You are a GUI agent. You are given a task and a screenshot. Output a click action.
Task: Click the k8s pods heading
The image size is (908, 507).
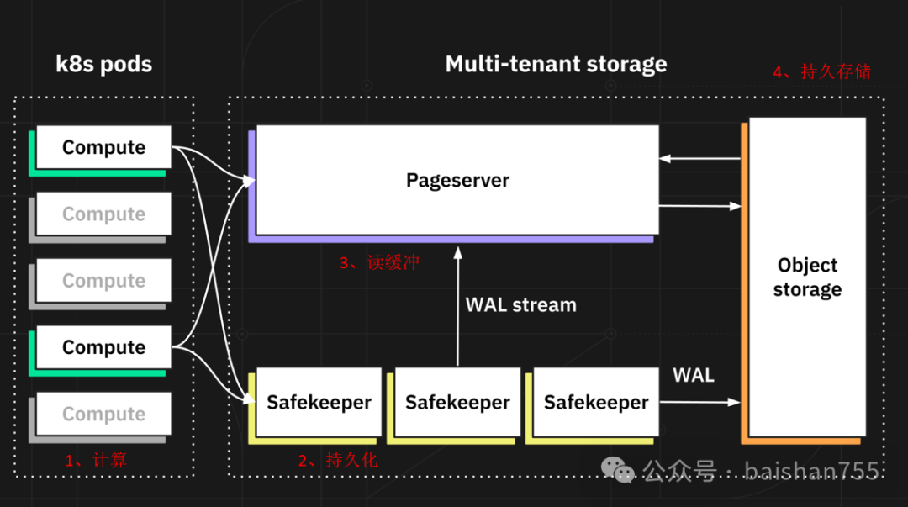104,65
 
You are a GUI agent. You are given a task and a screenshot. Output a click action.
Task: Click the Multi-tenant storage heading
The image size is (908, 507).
556,65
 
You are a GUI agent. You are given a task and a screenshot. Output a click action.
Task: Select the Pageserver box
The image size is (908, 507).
457,180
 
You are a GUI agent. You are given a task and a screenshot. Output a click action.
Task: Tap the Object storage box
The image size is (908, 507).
807,277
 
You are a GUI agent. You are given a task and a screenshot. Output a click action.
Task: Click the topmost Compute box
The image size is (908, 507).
104,148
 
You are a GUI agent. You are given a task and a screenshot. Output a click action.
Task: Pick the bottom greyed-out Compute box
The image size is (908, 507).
104,414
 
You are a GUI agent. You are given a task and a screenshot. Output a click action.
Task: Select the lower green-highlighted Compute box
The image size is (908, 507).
104,347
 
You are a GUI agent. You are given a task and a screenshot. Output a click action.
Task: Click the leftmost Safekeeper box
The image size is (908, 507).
319,402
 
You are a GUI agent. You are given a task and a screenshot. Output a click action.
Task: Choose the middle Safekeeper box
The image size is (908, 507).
457,402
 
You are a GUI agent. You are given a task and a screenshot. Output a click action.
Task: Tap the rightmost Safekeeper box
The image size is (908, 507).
596,402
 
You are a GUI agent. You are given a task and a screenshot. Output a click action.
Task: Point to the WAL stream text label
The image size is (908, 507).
521,304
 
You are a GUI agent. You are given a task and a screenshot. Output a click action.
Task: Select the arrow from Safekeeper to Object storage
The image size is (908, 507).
699,403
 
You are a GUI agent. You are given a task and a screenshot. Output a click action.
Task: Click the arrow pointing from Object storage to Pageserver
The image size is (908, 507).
699,157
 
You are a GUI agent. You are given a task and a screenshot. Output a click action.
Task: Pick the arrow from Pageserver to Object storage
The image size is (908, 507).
699,205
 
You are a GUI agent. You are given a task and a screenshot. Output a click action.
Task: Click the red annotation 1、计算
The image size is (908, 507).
96,460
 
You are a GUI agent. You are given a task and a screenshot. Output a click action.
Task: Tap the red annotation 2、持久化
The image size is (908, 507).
338,460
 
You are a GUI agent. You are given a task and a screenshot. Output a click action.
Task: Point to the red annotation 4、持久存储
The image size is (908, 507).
821,71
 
